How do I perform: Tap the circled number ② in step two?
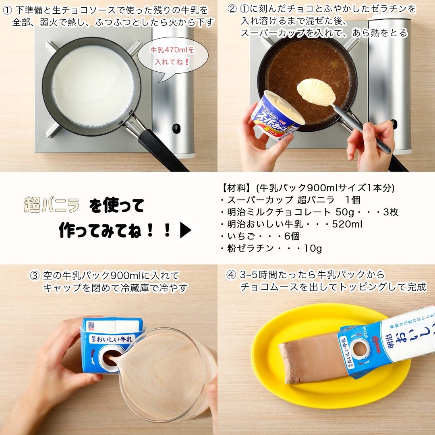click(232, 8)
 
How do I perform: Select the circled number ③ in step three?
click(35, 276)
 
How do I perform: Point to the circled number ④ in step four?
click(231, 275)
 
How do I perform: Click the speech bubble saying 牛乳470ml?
click(173, 57)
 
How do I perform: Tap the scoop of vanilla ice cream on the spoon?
click(316, 92)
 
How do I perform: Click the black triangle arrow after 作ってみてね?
click(185, 231)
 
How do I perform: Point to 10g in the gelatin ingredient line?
click(313, 249)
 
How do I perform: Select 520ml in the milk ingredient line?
click(347, 224)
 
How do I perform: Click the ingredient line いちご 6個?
click(262, 236)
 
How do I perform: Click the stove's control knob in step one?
click(176, 128)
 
